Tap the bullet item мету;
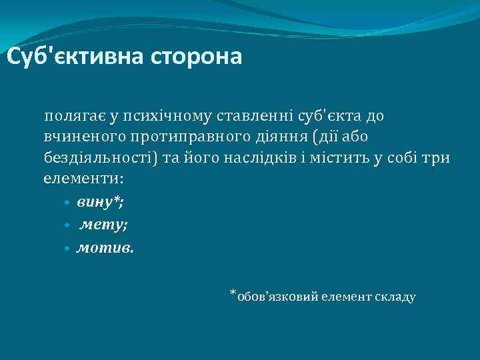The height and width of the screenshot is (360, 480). (x=103, y=225)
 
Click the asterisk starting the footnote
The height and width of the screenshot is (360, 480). (x=233, y=293)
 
